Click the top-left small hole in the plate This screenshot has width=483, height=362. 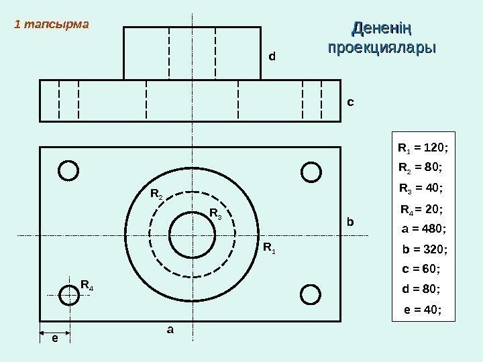(68, 170)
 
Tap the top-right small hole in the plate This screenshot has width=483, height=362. (311, 171)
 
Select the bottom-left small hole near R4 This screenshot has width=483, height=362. (68, 294)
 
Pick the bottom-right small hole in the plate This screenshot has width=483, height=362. (311, 294)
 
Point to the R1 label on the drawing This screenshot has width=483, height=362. (269, 249)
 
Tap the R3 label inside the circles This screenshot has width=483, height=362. (216, 214)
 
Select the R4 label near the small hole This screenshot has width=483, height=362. (87, 286)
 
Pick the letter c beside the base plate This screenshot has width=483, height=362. (350, 103)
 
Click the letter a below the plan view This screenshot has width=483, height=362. (170, 330)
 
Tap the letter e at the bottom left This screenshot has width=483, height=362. (55, 339)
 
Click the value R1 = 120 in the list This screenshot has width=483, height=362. (423, 147)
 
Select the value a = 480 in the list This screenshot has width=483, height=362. (424, 229)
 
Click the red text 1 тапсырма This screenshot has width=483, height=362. (52, 25)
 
